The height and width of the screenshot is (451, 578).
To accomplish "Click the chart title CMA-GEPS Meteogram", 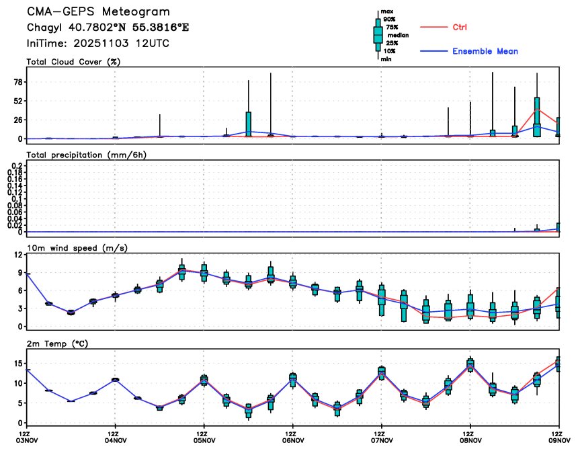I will [98, 12].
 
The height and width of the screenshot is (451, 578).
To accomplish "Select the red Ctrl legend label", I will [460, 27].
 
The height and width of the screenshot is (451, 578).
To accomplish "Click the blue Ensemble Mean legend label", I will [485, 51].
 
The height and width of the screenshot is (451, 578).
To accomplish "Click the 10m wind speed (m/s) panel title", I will [77, 248].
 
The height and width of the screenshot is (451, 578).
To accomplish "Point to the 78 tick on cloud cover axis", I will [18, 82].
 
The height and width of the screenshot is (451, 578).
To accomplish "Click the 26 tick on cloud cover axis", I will [18, 120].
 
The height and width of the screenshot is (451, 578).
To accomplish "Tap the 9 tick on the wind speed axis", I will [21, 273].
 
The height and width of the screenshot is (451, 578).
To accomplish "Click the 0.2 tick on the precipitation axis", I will [16, 165].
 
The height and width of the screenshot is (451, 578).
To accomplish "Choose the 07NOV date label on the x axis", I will [381, 442].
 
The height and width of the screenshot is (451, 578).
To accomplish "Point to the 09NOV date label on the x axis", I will [558, 442].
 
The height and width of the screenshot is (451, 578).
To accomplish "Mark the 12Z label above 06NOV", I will [292, 434].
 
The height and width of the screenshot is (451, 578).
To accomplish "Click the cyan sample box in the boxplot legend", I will [378, 34].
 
